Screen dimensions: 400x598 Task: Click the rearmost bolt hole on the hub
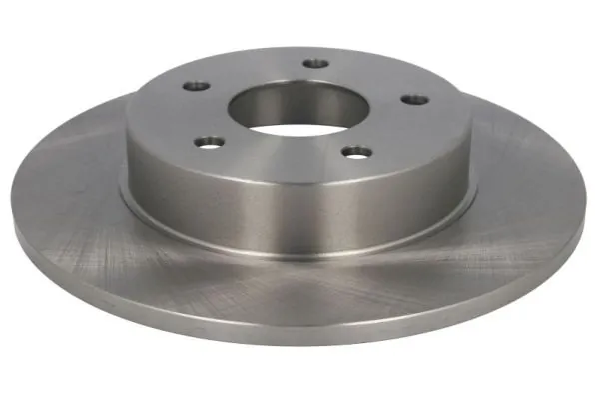(315, 64)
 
